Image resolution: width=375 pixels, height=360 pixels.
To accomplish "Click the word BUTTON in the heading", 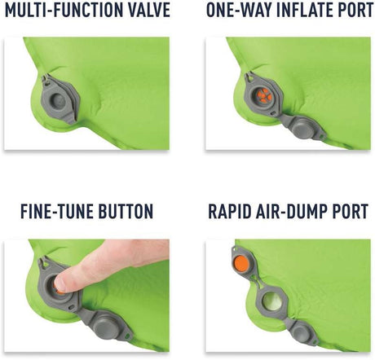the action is click(x=126, y=211).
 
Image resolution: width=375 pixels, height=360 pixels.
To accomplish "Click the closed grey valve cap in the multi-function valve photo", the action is click(x=58, y=101).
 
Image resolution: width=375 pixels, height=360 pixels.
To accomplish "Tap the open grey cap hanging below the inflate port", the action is click(x=302, y=127).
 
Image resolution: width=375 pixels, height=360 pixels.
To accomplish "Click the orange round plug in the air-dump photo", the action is click(x=242, y=264).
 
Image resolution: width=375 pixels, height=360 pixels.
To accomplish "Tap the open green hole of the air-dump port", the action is click(x=272, y=301).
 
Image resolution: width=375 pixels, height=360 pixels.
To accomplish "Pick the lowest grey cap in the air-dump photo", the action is click(x=301, y=332).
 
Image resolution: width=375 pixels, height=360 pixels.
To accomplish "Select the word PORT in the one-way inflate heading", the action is click(x=357, y=10).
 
